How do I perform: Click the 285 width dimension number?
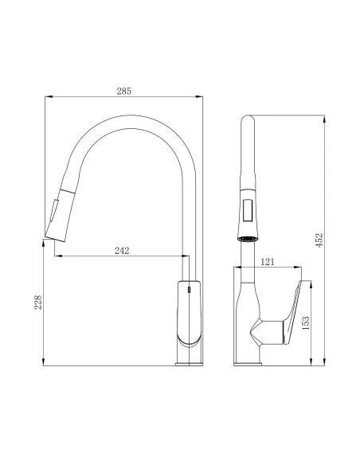(x=123, y=91)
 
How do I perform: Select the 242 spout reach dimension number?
(x=123, y=250)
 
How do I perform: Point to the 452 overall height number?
(x=318, y=240)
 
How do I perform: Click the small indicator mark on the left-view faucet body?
(x=189, y=291)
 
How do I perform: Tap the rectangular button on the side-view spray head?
(x=248, y=212)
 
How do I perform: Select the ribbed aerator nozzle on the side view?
(x=248, y=236)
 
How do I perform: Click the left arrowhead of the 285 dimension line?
(x=45, y=97)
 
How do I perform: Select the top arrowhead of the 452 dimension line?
(x=323, y=118)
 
